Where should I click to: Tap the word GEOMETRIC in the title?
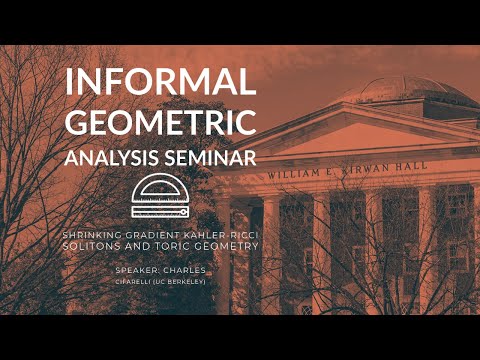160,123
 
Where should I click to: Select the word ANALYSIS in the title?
110,158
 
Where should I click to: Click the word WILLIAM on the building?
293,175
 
